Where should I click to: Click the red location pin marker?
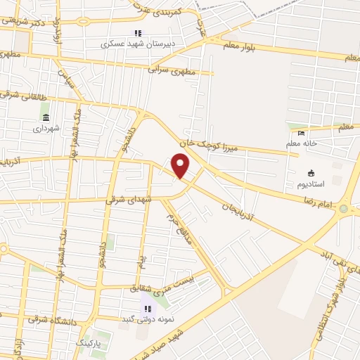(x=181, y=166)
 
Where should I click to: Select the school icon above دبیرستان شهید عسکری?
(x=138, y=32)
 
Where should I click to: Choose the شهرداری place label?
(x=47, y=128)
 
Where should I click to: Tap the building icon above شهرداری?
(x=46, y=117)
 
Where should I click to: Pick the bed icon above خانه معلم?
(x=302, y=134)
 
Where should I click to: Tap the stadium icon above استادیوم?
(x=311, y=173)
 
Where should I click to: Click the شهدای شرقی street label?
(x=129, y=200)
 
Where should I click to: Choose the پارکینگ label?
(x=88, y=345)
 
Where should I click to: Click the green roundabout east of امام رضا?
(x=344, y=208)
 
